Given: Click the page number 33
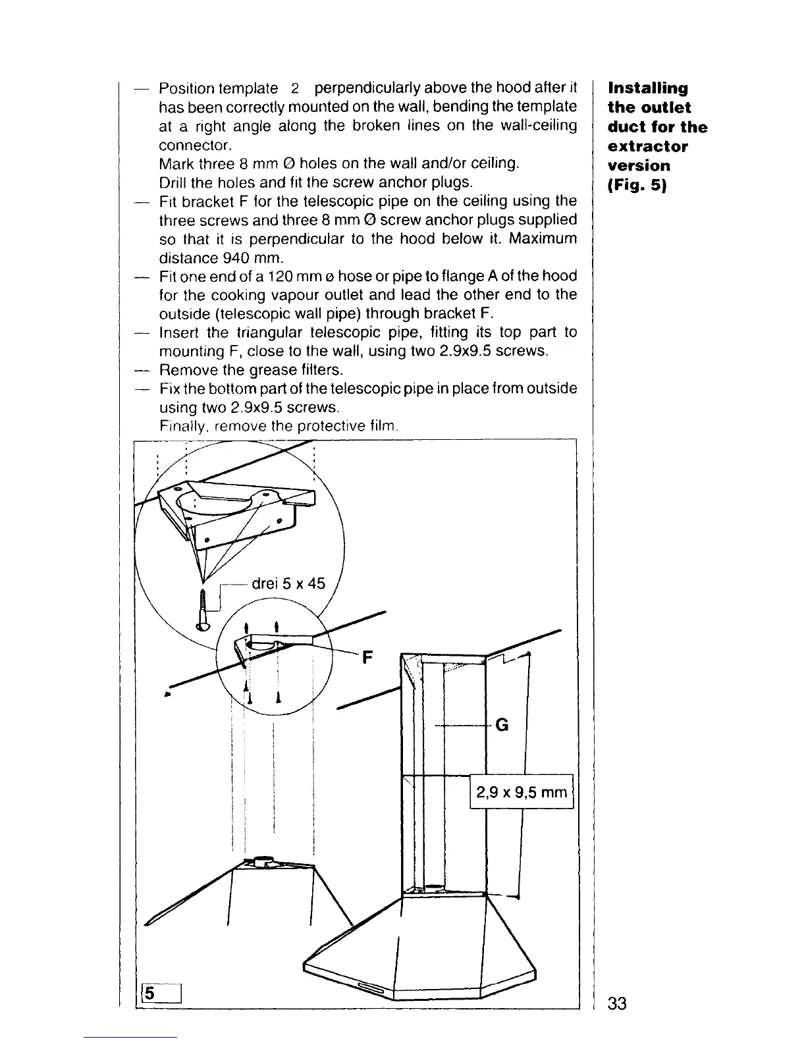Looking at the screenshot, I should [618, 1003].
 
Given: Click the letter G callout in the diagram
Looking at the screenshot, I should [502, 725].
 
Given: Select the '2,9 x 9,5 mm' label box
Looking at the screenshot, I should [522, 792].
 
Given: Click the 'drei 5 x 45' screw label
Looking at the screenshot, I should [288, 583].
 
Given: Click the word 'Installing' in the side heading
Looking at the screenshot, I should [648, 88].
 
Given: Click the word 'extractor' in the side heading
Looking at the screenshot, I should [647, 146].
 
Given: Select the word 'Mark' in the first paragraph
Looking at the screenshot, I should [176, 163].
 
